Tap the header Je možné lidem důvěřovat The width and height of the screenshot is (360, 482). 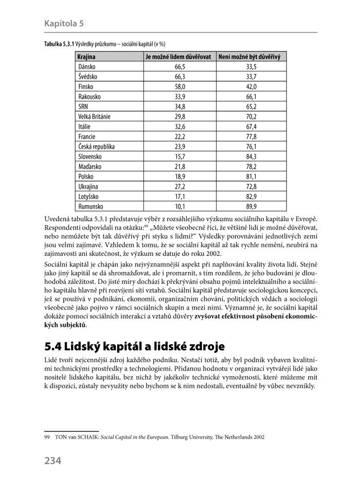[179, 57]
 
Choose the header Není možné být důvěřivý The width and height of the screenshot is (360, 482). [251, 57]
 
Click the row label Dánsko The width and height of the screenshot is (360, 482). [87, 67]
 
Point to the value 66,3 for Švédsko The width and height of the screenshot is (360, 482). [179, 77]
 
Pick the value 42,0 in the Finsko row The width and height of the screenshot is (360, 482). [251, 87]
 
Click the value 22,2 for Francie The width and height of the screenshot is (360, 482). [179, 137]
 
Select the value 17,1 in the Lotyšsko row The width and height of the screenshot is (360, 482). [179, 197]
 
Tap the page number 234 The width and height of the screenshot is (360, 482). [53, 460]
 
